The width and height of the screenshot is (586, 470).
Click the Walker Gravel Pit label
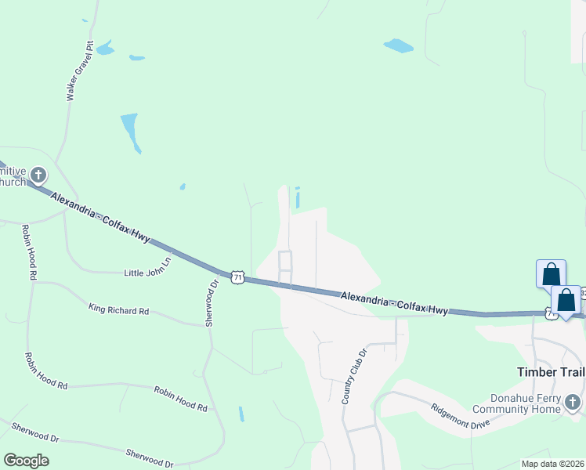(80, 71)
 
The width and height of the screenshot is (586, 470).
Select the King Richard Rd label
(118, 310)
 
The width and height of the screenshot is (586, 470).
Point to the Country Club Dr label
(353, 377)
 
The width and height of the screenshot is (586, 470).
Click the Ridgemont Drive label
(461, 415)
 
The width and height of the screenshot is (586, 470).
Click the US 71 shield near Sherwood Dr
(237, 277)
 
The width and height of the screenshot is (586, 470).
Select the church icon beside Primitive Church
(38, 175)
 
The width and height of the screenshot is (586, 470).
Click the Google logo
(26, 461)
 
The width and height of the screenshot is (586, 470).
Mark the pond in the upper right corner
(399, 45)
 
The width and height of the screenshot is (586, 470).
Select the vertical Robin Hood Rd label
(29, 252)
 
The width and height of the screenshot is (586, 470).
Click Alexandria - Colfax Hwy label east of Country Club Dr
(395, 302)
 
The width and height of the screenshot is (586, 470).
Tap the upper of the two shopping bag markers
(552, 274)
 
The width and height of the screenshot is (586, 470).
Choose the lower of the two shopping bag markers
(566, 299)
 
